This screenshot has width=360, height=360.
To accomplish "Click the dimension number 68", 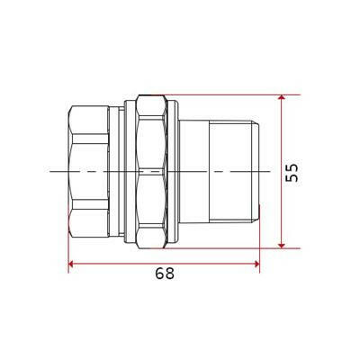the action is [x=165, y=274].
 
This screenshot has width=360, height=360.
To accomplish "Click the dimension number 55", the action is [x=292, y=172].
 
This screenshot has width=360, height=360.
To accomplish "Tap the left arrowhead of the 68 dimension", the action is [x=71, y=264].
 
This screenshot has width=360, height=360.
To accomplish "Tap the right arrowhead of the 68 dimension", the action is [x=256, y=264].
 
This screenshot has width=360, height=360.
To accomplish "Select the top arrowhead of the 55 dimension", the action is [x=282, y=97].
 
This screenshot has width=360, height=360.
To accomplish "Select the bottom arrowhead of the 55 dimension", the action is [x=282, y=246].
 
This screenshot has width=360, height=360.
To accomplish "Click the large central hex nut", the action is [x=151, y=172].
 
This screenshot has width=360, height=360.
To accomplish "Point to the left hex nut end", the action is [x=88, y=172].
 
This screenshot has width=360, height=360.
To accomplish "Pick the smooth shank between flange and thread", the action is [x=193, y=172].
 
